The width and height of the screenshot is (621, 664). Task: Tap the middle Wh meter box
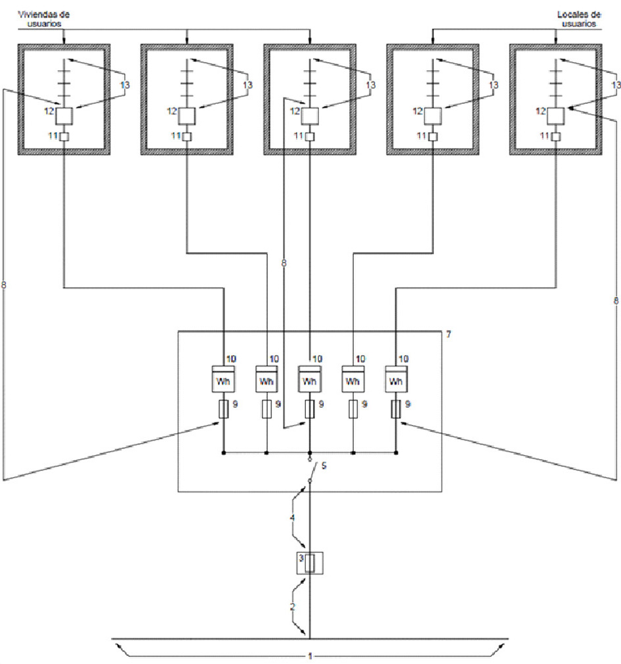click(x=310, y=381)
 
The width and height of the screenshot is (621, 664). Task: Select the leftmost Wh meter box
click(x=223, y=381)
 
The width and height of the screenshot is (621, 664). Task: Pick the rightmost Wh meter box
click(x=396, y=381)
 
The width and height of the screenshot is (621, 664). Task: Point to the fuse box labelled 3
click(x=310, y=563)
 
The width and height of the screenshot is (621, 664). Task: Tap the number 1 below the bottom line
click(x=310, y=656)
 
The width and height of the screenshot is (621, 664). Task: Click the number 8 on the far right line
click(x=616, y=300)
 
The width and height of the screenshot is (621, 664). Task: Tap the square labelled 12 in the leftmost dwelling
click(x=63, y=116)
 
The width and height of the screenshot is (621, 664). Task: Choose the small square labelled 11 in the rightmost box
click(x=557, y=136)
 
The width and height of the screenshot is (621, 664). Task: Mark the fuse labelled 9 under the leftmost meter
click(x=223, y=410)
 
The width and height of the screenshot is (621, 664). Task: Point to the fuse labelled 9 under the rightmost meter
click(x=396, y=410)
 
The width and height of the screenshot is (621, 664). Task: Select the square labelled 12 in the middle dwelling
click(x=310, y=116)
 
